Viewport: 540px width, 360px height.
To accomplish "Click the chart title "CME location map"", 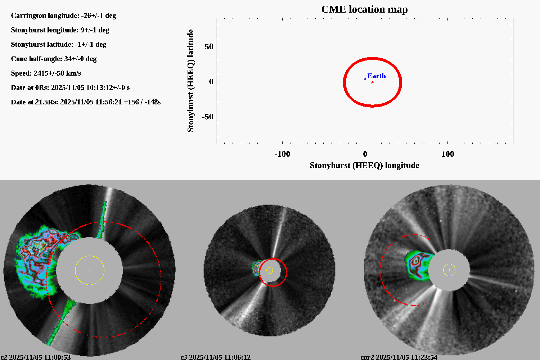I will point(364,9).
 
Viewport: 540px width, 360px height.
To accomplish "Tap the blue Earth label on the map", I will point(377,76).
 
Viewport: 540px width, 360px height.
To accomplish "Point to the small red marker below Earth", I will point(373,82).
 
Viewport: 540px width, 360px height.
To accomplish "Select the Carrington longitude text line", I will point(63,15).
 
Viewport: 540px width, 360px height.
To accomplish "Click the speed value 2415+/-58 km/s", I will point(57,73).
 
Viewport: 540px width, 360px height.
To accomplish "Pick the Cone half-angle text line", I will point(54,59).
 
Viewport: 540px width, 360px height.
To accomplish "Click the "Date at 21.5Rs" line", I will point(86,102).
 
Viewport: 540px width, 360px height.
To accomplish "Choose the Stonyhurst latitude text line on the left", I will point(58,44).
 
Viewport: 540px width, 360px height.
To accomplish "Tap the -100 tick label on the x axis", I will point(282,154).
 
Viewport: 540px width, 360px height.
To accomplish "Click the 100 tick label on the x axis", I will point(447,154).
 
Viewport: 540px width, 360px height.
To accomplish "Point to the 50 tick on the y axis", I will point(209,47).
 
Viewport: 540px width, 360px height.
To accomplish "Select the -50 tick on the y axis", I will point(207,117).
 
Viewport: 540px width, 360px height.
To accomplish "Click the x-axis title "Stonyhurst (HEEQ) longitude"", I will point(364,165).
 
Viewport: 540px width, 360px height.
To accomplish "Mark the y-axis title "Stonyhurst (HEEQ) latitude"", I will point(190,81).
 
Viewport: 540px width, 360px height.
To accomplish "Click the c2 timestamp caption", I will point(36,357).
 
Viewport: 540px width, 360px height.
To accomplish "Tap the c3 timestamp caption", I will point(215,357).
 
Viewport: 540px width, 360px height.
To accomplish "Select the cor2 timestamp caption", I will point(399,357).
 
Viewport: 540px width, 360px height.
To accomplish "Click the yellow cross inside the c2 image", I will point(90,270).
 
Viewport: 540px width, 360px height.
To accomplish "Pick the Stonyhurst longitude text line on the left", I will point(60,30).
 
